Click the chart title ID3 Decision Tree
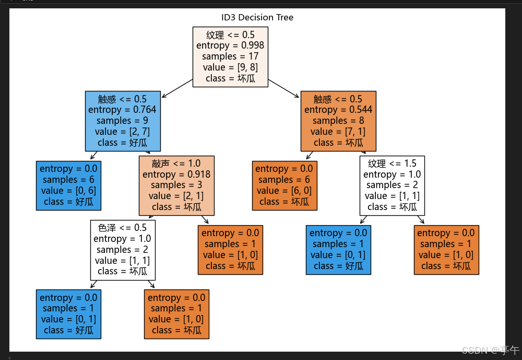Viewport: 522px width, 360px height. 257,17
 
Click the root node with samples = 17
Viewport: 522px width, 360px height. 230,56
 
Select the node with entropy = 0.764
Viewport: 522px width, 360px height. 122,121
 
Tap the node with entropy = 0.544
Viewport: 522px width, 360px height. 338,121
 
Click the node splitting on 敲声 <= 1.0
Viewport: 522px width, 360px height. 176,185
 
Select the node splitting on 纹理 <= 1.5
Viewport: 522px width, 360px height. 392,185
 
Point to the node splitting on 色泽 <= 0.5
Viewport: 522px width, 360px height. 123,249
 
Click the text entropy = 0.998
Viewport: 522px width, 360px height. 230,45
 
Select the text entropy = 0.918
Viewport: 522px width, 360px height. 176,174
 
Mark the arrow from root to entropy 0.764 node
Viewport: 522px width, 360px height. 177,88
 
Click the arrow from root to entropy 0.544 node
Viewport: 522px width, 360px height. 284,88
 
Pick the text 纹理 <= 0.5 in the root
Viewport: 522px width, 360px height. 230,34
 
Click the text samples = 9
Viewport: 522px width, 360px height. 122,121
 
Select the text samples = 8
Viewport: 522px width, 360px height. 338,121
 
